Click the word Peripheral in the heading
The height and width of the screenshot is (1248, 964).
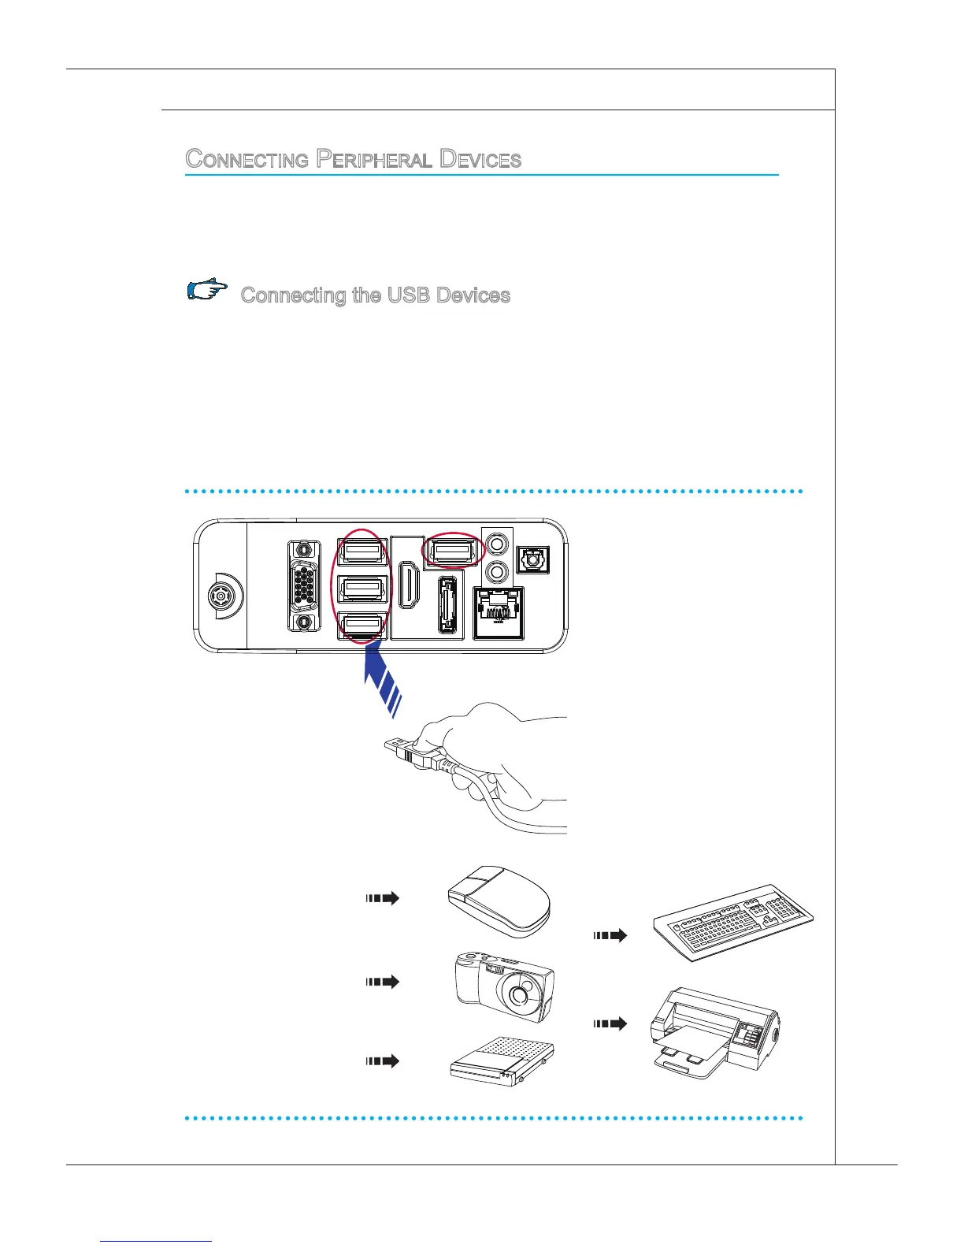[374, 159]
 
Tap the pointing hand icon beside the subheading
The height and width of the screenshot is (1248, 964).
[207, 291]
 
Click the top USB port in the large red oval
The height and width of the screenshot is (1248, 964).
[361, 551]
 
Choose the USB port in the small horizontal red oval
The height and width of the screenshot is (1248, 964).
[454, 551]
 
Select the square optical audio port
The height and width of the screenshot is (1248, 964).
[532, 559]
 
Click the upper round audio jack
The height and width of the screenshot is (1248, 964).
[496, 543]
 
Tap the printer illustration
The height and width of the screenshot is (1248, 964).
[714, 1031]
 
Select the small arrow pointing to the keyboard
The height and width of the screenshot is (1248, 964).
[610, 935]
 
